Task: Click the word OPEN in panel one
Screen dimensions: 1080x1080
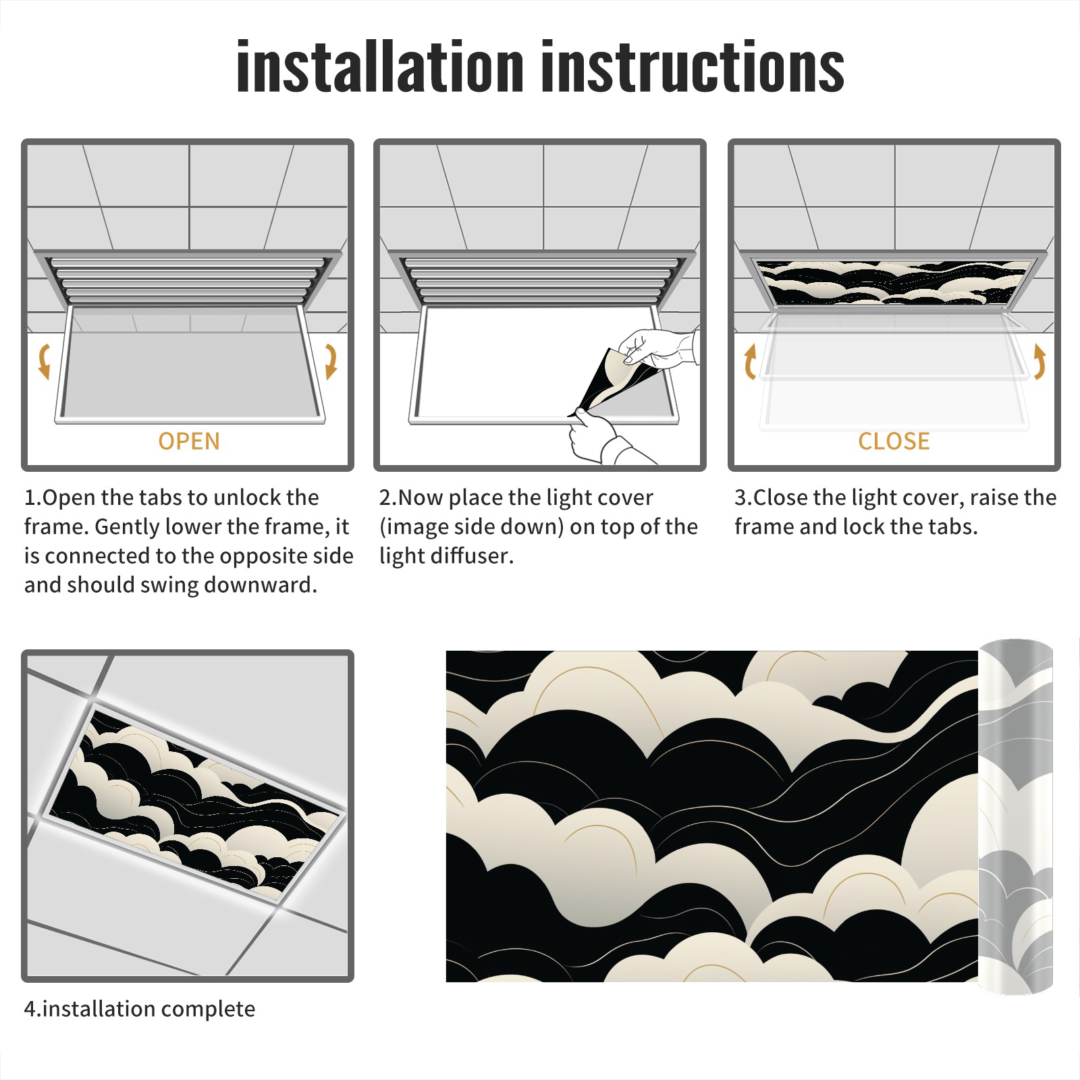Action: (x=189, y=441)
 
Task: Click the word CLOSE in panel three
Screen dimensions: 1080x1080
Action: (x=894, y=441)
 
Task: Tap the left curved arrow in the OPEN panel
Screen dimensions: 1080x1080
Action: (x=44, y=361)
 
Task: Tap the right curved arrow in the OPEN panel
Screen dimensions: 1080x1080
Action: (x=331, y=361)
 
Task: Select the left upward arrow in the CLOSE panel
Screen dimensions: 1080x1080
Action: (x=750, y=361)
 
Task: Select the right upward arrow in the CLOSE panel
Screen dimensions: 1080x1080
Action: (x=1039, y=361)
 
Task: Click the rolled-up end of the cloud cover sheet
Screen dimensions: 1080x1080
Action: (x=1016, y=817)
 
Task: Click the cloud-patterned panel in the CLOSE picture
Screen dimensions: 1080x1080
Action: (x=894, y=281)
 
